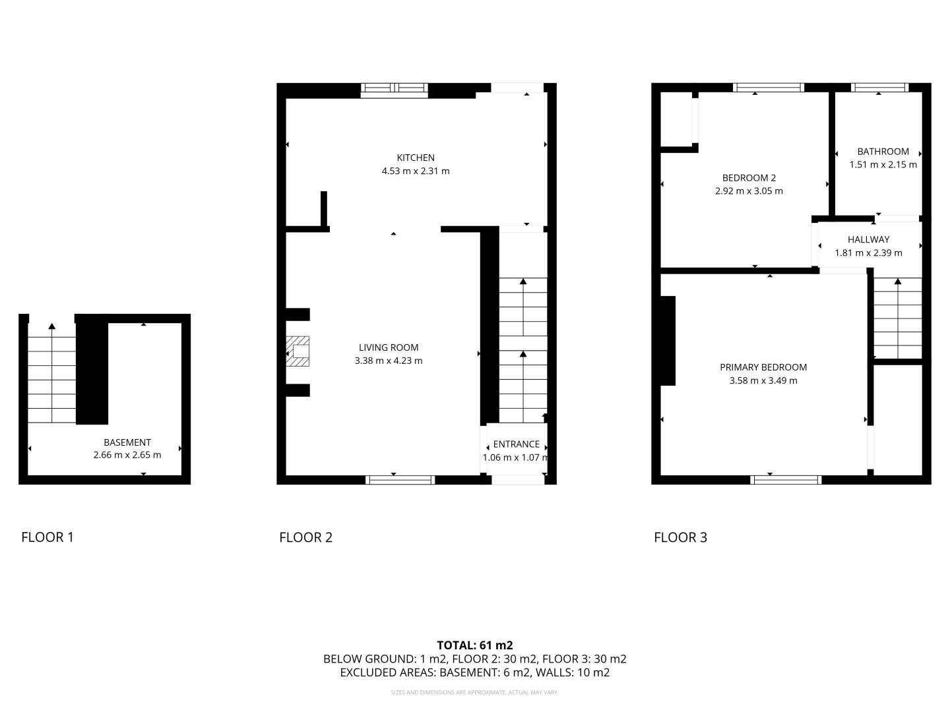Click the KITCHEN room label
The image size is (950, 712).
416,158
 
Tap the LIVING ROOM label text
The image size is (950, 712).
388,347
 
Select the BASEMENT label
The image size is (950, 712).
127,442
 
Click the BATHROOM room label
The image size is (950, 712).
883,152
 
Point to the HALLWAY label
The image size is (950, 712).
868,239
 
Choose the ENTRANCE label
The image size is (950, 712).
516,444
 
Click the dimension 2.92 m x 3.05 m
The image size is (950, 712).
749,191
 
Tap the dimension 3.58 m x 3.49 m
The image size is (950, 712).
763,381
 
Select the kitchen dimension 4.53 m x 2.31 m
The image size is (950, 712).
416,171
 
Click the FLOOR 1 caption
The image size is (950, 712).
47,537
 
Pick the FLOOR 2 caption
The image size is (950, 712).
305,537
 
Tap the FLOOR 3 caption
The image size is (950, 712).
680,537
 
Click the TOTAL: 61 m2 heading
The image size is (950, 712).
475,645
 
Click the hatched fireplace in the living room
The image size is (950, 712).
298,351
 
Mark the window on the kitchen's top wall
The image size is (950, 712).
395,90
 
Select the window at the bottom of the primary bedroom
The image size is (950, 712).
786,480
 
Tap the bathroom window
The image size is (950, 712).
880,87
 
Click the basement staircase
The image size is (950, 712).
52,373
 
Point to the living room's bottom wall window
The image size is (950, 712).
400,480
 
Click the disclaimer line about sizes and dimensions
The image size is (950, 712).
475,692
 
